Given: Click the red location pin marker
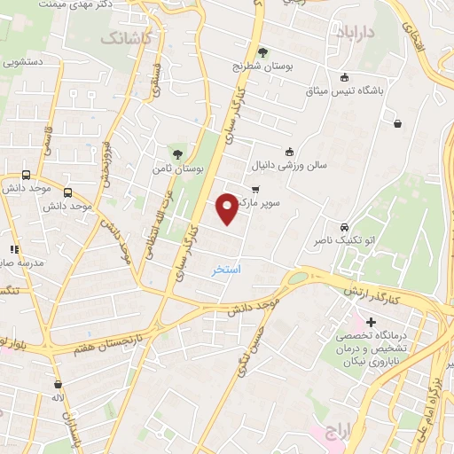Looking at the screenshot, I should [x=227, y=208].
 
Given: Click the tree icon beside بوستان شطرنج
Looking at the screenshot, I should [x=262, y=52].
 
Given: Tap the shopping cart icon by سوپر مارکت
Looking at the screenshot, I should [x=255, y=189].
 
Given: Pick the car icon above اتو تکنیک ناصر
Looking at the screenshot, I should [x=344, y=226].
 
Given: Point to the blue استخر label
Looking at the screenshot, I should [x=226, y=269].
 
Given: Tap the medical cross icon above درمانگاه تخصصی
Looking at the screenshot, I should [x=371, y=321].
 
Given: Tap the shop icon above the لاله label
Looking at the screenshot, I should [x=58, y=385].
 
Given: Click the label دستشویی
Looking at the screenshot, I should [x=24, y=62].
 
